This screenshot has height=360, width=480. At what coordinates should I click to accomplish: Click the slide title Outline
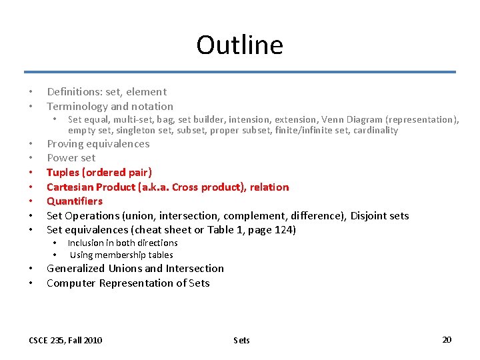tap(239, 45)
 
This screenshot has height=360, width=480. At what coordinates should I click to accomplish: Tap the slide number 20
tap(447, 339)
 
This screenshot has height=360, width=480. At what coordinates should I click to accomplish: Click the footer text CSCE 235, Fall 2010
tap(65, 340)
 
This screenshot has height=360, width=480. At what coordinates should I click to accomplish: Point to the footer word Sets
tap(241, 340)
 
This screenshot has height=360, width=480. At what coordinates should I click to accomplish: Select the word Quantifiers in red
tap(75, 201)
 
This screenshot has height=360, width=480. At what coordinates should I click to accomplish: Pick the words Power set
tap(71, 157)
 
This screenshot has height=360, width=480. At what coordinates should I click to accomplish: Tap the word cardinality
tap(375, 130)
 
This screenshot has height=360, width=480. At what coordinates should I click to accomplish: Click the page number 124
tap(284, 230)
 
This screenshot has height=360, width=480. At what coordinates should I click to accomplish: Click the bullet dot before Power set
tap(31, 158)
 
